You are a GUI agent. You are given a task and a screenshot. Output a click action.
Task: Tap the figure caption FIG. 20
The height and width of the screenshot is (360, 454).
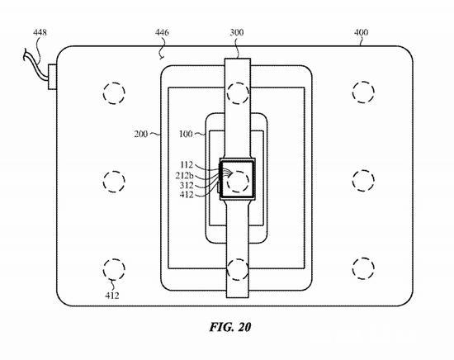click(226, 327)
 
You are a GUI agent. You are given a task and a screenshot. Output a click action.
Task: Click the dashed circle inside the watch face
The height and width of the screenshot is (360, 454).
click(239, 178)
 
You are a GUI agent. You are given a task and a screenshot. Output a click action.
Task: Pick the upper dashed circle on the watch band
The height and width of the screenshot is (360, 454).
click(238, 90)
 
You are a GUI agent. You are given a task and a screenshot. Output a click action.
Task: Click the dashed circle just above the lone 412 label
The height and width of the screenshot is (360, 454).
click(114, 268)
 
